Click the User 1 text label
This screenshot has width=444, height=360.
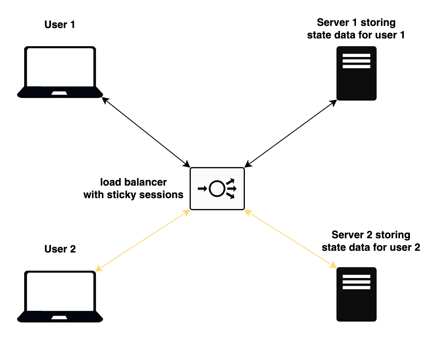coord(60,25)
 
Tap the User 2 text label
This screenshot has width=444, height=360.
coord(60,249)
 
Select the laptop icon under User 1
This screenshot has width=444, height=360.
coord(60,72)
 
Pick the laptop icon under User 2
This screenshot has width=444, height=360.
coord(60,296)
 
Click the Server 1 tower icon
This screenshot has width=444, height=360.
coord(356,73)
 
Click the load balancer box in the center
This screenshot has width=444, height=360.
coord(217,189)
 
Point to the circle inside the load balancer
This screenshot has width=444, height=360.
coord(216,189)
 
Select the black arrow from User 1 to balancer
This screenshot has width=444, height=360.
coord(146,131)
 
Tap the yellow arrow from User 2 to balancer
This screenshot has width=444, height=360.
coord(143,240)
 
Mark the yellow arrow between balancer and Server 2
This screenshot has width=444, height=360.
coord(291,239)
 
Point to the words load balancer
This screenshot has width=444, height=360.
coord(133,182)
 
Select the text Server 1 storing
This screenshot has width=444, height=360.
coord(356,22)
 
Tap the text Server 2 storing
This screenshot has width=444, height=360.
coord(371,235)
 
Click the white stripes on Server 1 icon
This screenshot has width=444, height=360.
coord(356,61)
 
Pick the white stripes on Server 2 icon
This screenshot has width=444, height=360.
coord(356,282)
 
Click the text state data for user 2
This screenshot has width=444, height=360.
coord(371,248)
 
